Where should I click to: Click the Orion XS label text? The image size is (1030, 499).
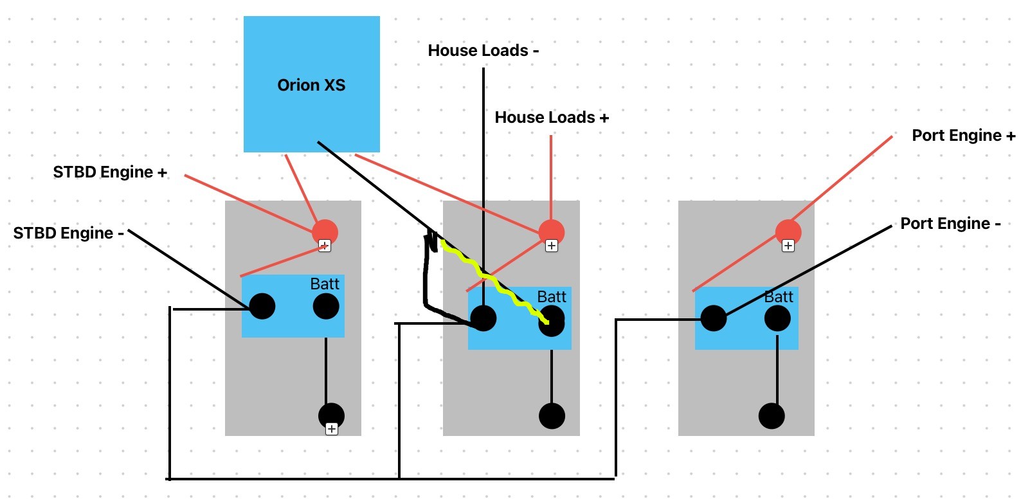(311, 85)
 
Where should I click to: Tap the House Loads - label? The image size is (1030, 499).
(483, 50)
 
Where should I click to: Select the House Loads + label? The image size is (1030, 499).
(552, 117)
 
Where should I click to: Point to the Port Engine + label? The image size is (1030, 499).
(964, 135)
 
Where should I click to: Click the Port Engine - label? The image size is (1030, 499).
(950, 224)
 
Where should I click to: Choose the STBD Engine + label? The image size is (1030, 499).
(110, 172)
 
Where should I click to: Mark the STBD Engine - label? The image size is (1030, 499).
(69, 233)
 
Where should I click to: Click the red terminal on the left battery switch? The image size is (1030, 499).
(325, 232)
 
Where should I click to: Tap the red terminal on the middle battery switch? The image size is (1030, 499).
(551, 232)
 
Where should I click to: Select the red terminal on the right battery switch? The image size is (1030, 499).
(788, 232)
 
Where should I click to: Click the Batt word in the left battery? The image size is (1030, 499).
(325, 284)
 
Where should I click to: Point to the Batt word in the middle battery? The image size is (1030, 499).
(552, 296)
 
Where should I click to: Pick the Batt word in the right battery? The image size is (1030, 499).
(779, 296)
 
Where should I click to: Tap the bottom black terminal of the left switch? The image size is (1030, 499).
(331, 416)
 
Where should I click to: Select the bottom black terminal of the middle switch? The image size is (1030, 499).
(552, 416)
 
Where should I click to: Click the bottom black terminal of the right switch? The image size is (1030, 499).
(772, 416)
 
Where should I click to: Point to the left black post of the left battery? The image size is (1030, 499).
(262, 306)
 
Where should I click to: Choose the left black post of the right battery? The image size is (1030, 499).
(714, 318)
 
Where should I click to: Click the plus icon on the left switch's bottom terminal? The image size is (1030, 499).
(332, 429)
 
